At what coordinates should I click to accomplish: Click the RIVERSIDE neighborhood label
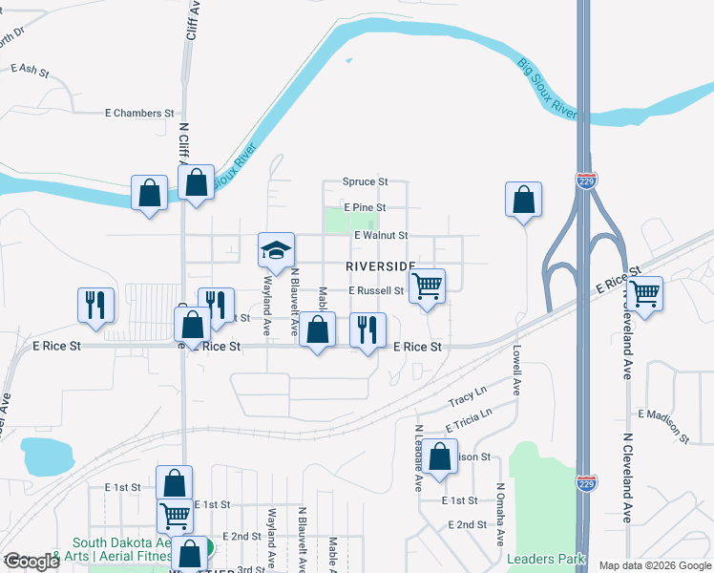[380, 265]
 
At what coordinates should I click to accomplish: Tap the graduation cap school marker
[276, 251]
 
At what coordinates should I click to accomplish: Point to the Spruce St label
[366, 181]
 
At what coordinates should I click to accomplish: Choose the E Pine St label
[364, 207]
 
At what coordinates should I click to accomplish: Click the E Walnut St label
[380, 235]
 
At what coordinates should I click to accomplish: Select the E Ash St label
[29, 70]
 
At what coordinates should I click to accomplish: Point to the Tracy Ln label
[468, 395]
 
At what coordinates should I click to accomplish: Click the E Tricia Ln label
[468, 420]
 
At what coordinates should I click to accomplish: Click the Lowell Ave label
[515, 371]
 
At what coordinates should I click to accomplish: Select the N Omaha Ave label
[499, 514]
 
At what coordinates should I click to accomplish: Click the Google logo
[31, 562]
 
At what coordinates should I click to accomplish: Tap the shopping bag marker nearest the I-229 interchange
[523, 200]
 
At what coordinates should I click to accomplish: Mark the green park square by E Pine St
[338, 221]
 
